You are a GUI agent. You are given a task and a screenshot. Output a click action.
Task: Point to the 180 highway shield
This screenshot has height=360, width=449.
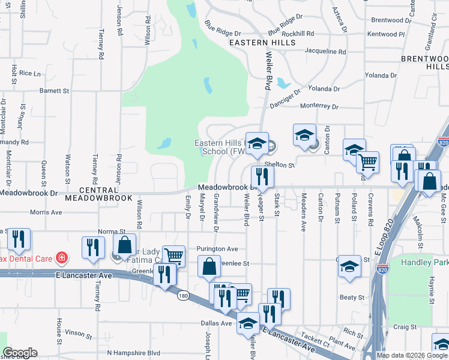click(x=183, y=295)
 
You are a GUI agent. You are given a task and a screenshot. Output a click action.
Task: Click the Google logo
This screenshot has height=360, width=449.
click(x=19, y=353)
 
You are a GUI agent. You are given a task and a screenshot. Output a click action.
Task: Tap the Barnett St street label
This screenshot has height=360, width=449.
click(x=55, y=91)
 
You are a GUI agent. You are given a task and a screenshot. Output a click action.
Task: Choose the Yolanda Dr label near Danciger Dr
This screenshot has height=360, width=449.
click(x=324, y=89)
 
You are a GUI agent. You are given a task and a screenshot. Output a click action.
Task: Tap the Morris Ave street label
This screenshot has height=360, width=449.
click(x=46, y=212)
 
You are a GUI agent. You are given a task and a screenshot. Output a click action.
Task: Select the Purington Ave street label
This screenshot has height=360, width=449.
click(x=217, y=248)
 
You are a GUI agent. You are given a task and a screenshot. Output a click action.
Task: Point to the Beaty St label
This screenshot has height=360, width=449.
click(x=352, y=297)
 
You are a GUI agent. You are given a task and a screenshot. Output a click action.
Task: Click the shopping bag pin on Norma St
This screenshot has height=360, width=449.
click(x=125, y=246)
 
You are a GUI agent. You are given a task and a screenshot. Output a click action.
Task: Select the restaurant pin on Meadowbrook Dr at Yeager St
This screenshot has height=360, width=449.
click(x=262, y=176)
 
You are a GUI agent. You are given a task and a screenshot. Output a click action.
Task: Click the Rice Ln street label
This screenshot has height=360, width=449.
click(x=29, y=73)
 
